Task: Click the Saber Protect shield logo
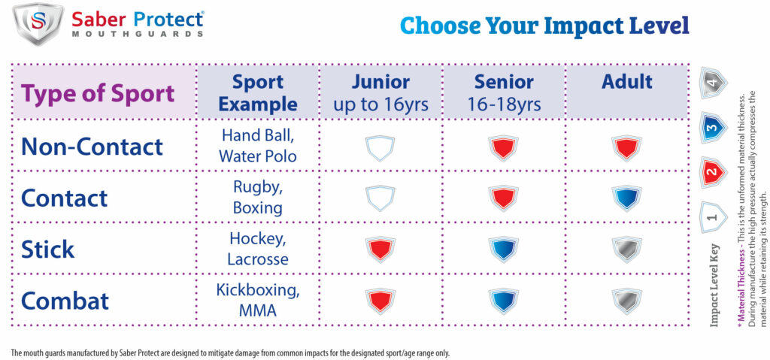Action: coord(38,23)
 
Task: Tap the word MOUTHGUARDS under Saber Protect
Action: coord(138,34)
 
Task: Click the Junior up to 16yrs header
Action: coord(380,92)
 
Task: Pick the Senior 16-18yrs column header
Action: coord(504,92)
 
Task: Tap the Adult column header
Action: coord(627,81)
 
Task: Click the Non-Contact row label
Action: coord(92,147)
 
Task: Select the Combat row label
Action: coord(65,300)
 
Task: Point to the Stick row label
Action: coord(47,249)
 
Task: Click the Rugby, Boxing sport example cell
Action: coord(258,198)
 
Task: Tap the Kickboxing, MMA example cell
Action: coord(258,300)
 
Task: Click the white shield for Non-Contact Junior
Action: coord(380,147)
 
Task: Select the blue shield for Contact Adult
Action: coord(626,198)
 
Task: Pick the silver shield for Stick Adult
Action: coord(626,250)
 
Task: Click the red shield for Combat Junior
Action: coord(380,301)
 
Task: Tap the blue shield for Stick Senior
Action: coord(503,250)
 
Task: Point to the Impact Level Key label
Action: coord(714,286)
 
